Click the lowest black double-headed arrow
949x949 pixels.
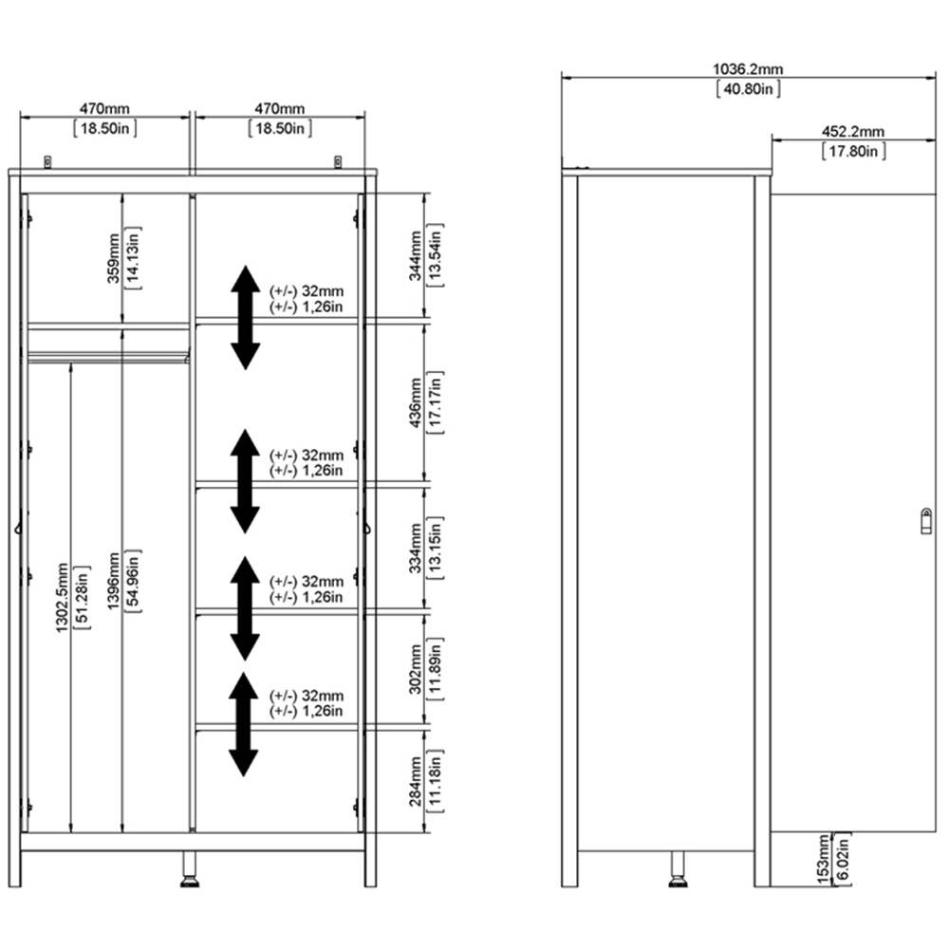[244, 723]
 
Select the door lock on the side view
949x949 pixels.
[925, 520]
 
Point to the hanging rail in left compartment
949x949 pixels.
[108, 358]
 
